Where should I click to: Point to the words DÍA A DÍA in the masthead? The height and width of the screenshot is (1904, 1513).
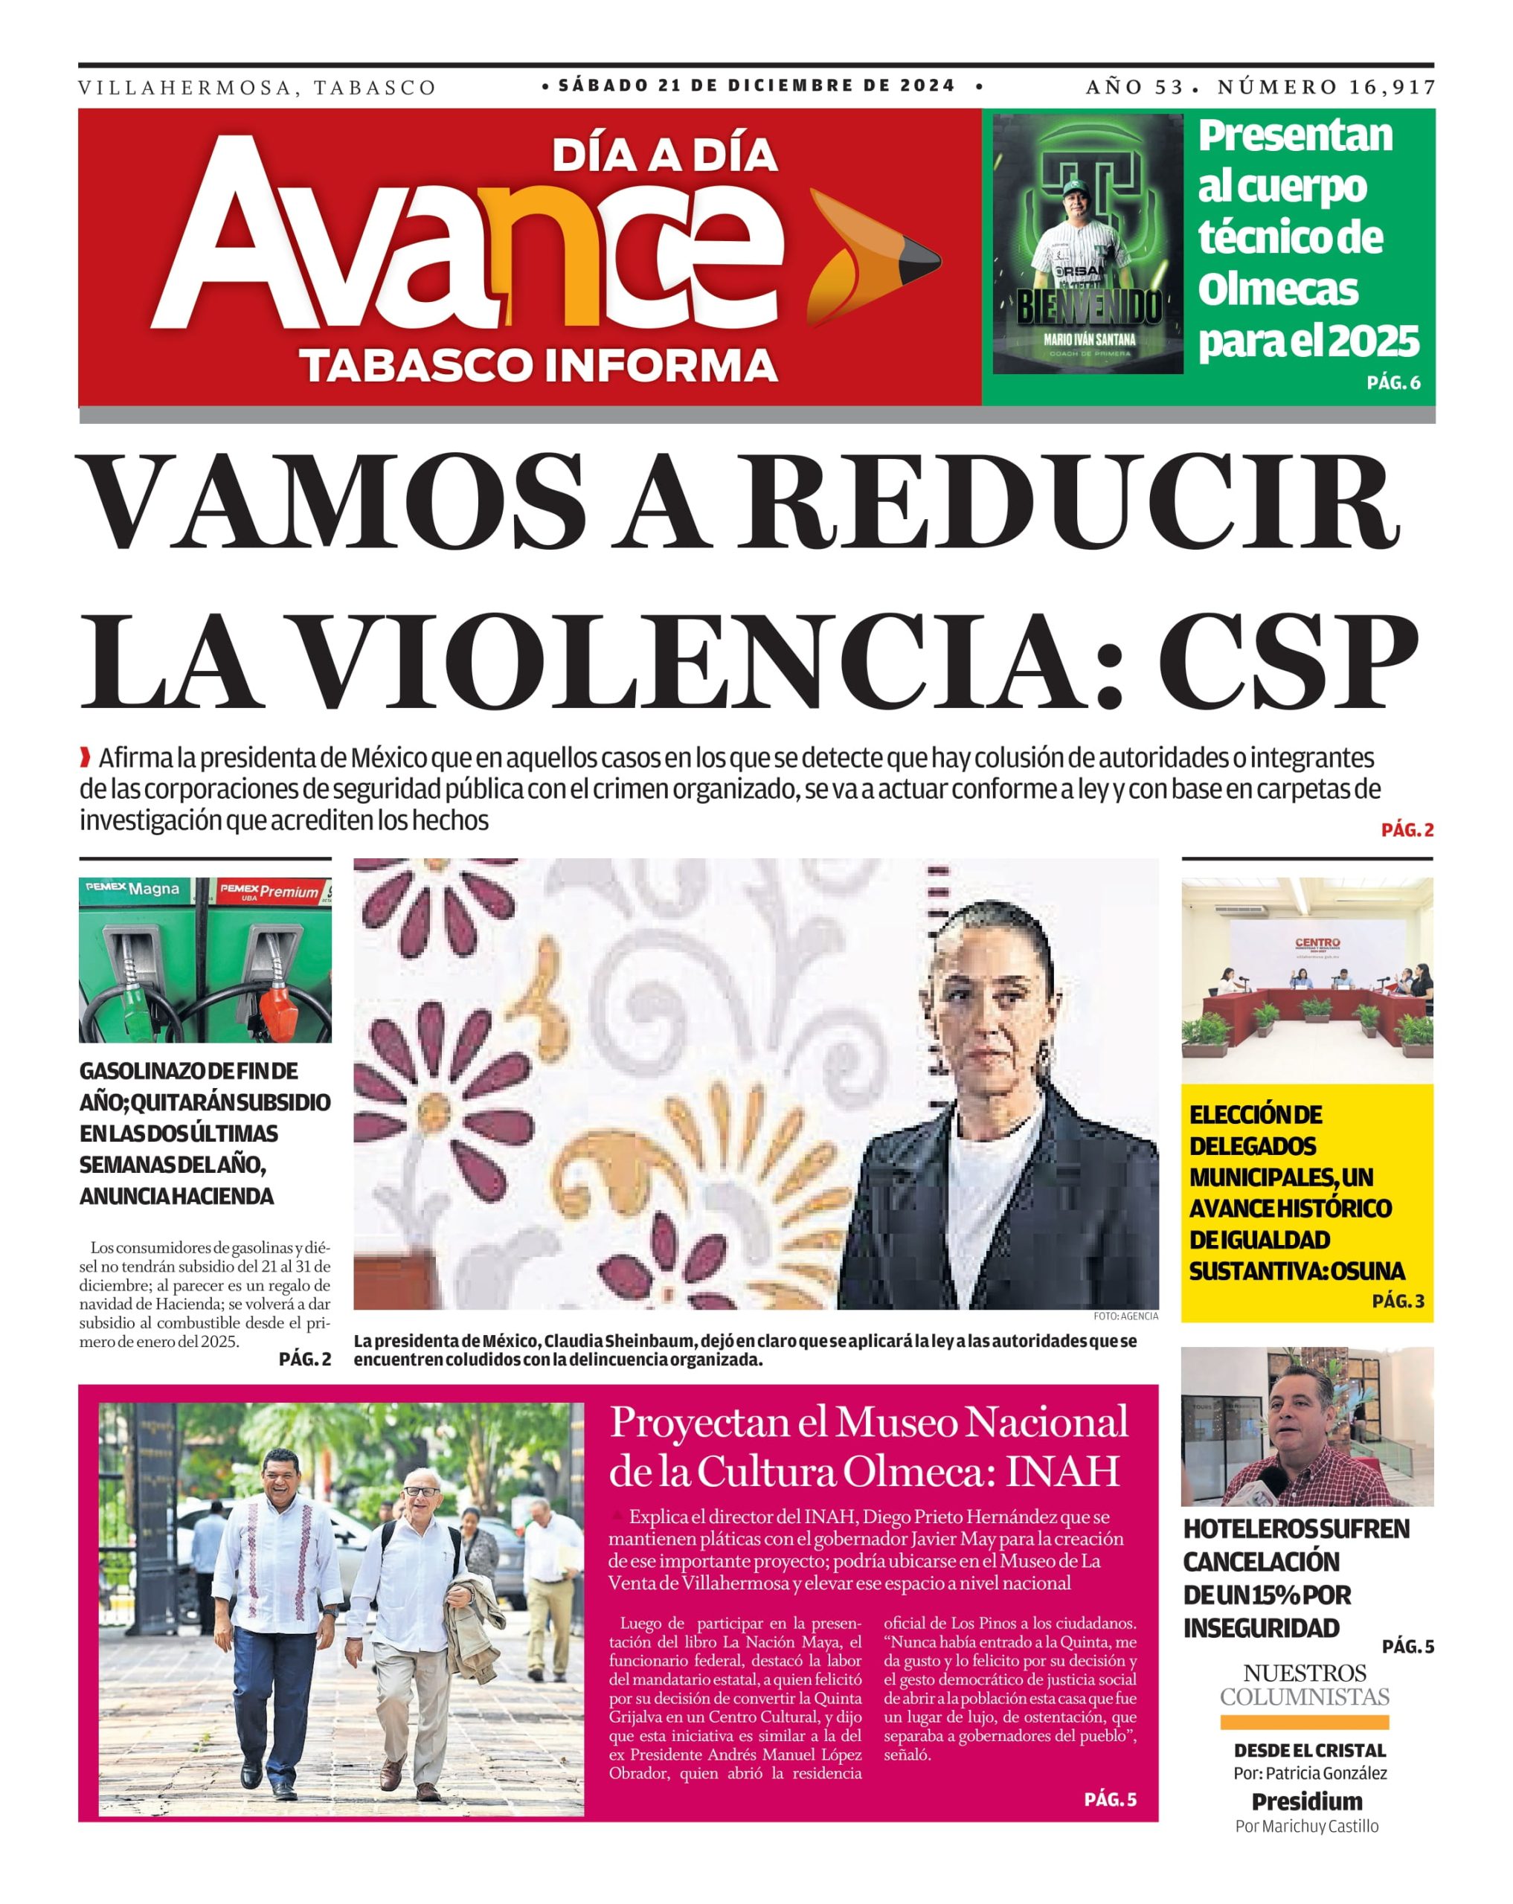pyautogui.click(x=664, y=155)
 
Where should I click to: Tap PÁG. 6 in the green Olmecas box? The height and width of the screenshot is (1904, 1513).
pyautogui.click(x=1393, y=382)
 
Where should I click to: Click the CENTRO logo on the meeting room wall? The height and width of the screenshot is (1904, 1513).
pyautogui.click(x=1316, y=943)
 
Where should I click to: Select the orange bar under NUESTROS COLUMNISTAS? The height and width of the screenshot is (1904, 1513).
pyautogui.click(x=1304, y=1721)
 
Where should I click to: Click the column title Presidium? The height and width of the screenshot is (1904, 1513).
pyautogui.click(x=1306, y=1801)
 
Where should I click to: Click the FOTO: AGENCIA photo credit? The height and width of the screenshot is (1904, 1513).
pyautogui.click(x=1125, y=1316)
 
